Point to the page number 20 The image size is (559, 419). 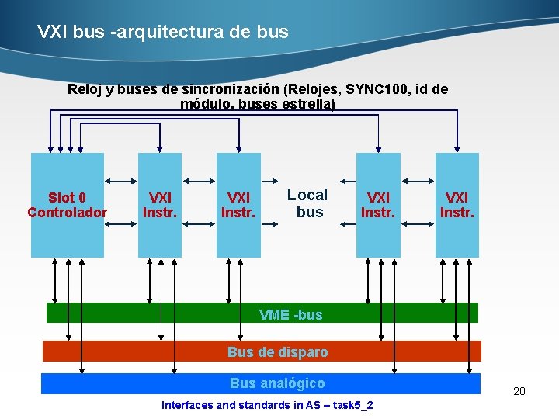point(519,391)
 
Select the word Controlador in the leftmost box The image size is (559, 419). point(68,213)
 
